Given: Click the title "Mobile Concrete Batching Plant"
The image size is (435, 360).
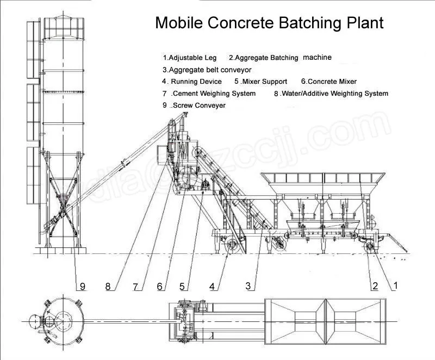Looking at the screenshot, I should tap(269, 23).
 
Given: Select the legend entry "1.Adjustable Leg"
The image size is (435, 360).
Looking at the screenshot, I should tap(190, 57).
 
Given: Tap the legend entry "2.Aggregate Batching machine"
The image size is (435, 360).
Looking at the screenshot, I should tap(279, 57).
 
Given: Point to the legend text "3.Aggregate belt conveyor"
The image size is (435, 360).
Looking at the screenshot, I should tap(207, 70).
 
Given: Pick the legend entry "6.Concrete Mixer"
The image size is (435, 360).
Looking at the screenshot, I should tap(328, 82).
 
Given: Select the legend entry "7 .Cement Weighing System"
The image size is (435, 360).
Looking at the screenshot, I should tap(209, 94).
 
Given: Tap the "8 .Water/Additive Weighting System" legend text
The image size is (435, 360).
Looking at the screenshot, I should tap(331, 94).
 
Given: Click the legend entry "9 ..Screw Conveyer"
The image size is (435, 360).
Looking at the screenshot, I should tap(194, 105).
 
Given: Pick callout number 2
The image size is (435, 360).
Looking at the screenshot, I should tap(375, 285).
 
